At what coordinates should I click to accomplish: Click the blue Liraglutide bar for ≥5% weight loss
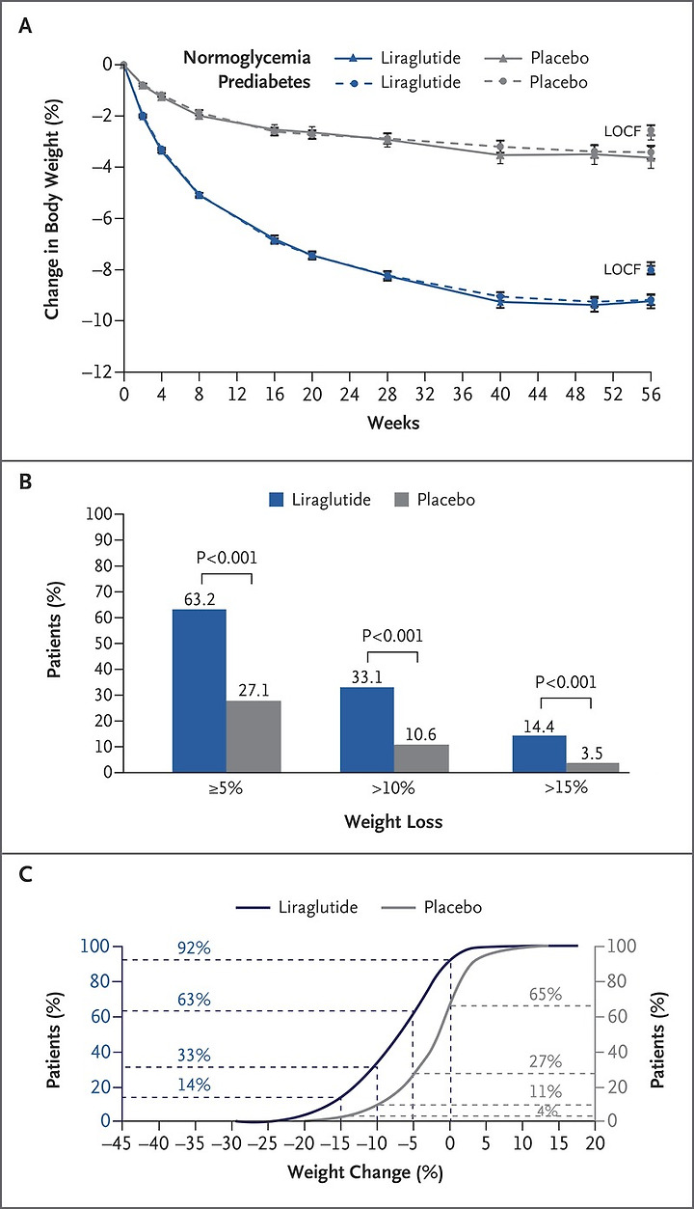200,690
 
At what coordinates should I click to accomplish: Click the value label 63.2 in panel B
199,600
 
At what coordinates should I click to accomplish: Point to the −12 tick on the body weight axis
99,371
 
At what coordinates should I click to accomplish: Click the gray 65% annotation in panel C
546,995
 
